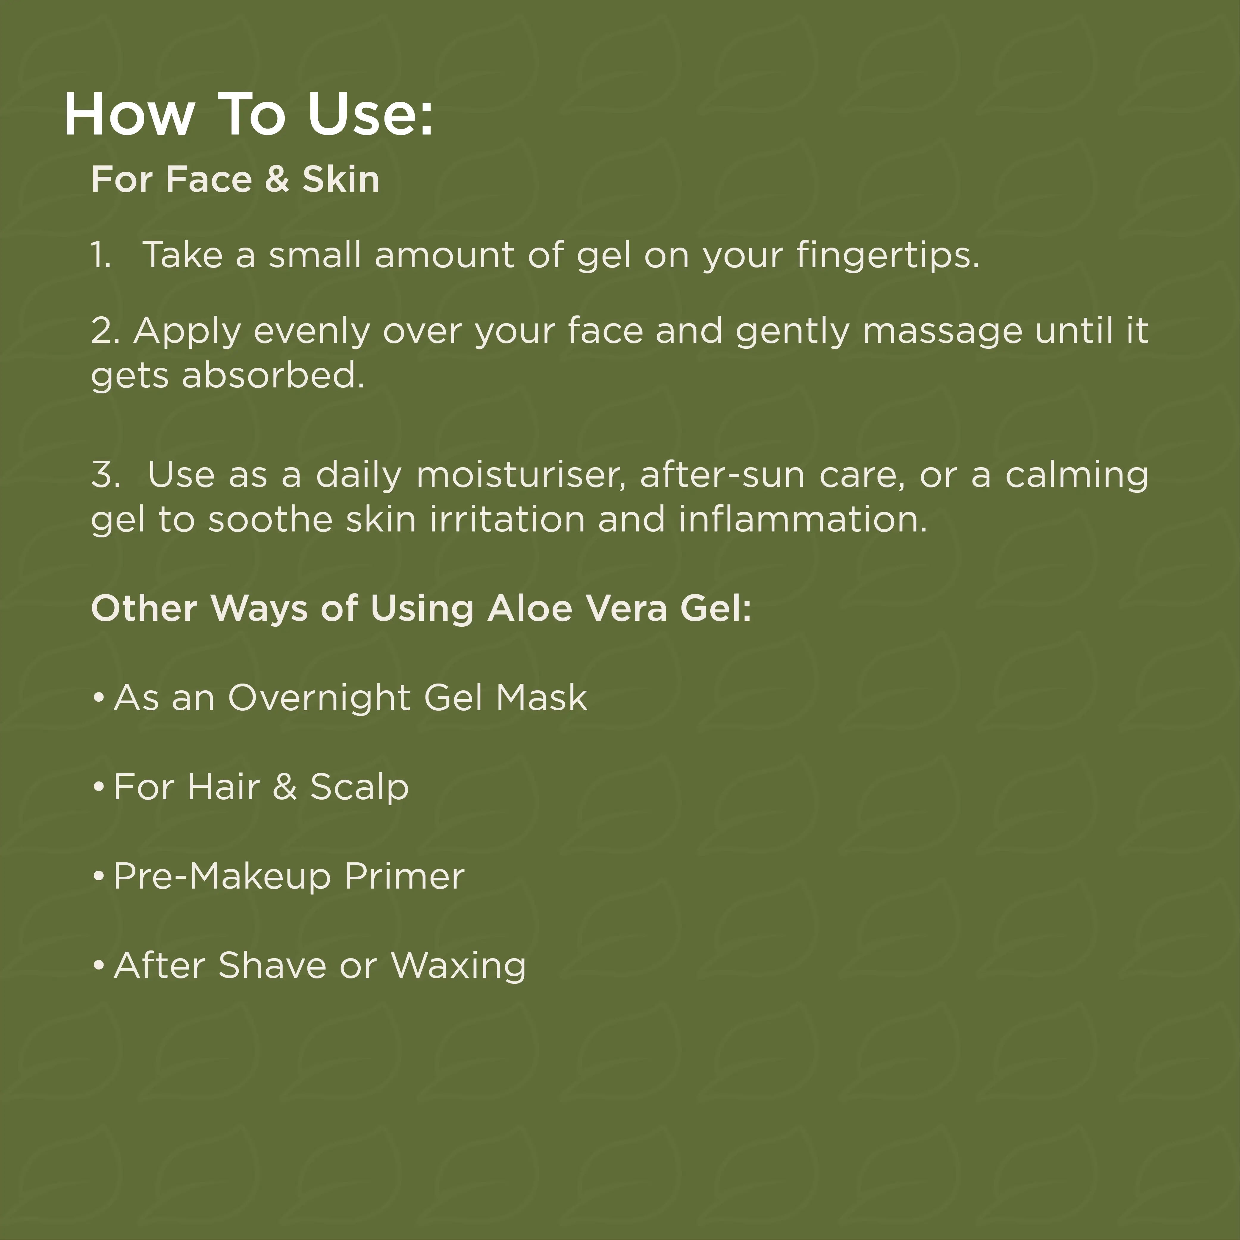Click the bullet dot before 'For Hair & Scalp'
click(98, 787)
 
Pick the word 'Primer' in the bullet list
click(404, 876)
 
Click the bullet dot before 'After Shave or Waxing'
click(98, 965)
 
